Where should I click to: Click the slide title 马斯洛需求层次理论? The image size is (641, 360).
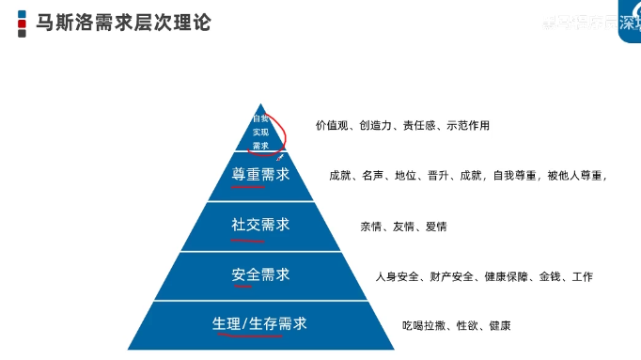pyautogui.click(x=123, y=22)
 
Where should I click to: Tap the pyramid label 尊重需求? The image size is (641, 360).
pyautogui.click(x=260, y=175)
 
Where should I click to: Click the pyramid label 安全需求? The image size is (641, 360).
pyautogui.click(x=260, y=274)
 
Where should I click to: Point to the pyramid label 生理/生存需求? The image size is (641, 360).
pyautogui.click(x=260, y=324)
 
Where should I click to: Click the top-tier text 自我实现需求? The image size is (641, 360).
pyautogui.click(x=260, y=133)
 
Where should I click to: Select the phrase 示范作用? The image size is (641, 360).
pyautogui.click(x=466, y=125)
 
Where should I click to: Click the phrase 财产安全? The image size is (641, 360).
pyautogui.click(x=450, y=276)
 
